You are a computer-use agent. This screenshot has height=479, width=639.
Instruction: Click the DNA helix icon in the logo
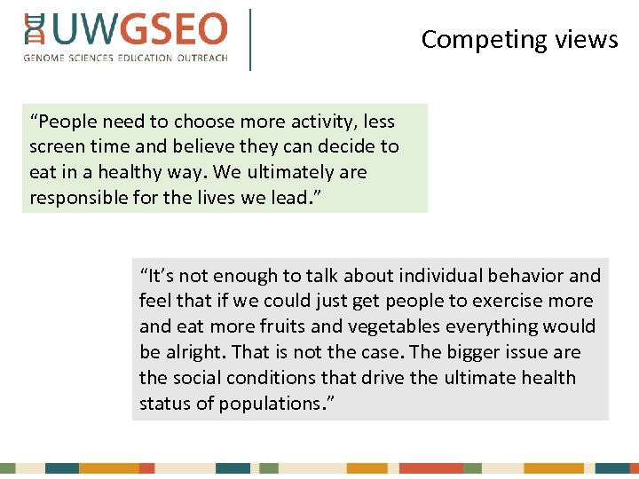[34, 28]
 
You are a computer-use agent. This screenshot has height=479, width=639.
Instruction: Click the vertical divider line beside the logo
[250, 39]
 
